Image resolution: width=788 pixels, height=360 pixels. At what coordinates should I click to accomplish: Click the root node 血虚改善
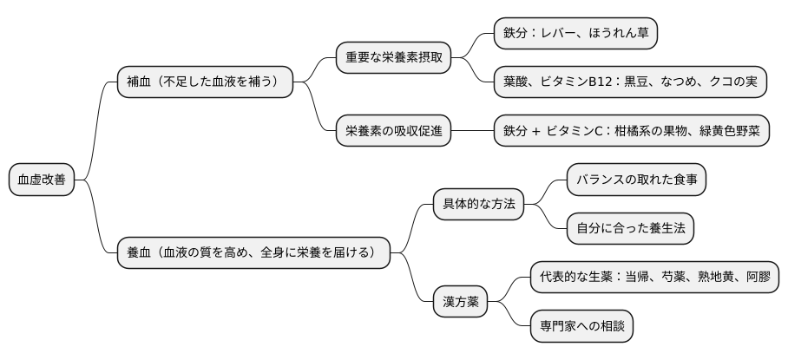pyautogui.click(x=42, y=180)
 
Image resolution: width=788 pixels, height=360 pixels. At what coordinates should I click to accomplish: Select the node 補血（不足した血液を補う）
pyautogui.click(x=205, y=82)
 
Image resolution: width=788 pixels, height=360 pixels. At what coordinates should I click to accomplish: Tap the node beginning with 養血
pyautogui.click(x=253, y=252)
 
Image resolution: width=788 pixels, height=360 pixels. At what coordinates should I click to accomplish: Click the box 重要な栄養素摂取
pyautogui.click(x=394, y=58)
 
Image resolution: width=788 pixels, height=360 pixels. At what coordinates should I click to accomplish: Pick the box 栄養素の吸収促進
pyautogui.click(x=394, y=131)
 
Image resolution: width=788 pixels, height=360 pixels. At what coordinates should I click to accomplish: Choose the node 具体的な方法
pyautogui.click(x=479, y=205)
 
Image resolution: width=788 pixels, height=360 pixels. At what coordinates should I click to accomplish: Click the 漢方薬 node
pyautogui.click(x=460, y=302)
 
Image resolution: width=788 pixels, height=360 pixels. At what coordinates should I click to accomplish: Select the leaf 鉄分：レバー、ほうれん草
pyautogui.click(x=575, y=34)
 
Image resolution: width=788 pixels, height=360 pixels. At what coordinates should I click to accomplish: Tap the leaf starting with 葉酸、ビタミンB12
pyautogui.click(x=630, y=82)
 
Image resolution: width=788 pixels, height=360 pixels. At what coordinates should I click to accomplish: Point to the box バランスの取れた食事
pyautogui.click(x=636, y=180)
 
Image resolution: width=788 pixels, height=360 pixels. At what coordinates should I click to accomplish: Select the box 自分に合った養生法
pyautogui.click(x=630, y=229)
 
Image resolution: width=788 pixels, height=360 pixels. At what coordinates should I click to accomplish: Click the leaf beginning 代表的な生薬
pyautogui.click(x=655, y=278)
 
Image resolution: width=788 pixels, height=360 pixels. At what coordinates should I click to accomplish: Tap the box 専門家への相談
pyautogui.click(x=581, y=326)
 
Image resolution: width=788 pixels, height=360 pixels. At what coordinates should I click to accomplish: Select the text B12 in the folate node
pyautogui.click(x=599, y=82)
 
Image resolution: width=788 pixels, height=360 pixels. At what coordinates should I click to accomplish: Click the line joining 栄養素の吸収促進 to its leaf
pyautogui.click(x=472, y=131)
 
